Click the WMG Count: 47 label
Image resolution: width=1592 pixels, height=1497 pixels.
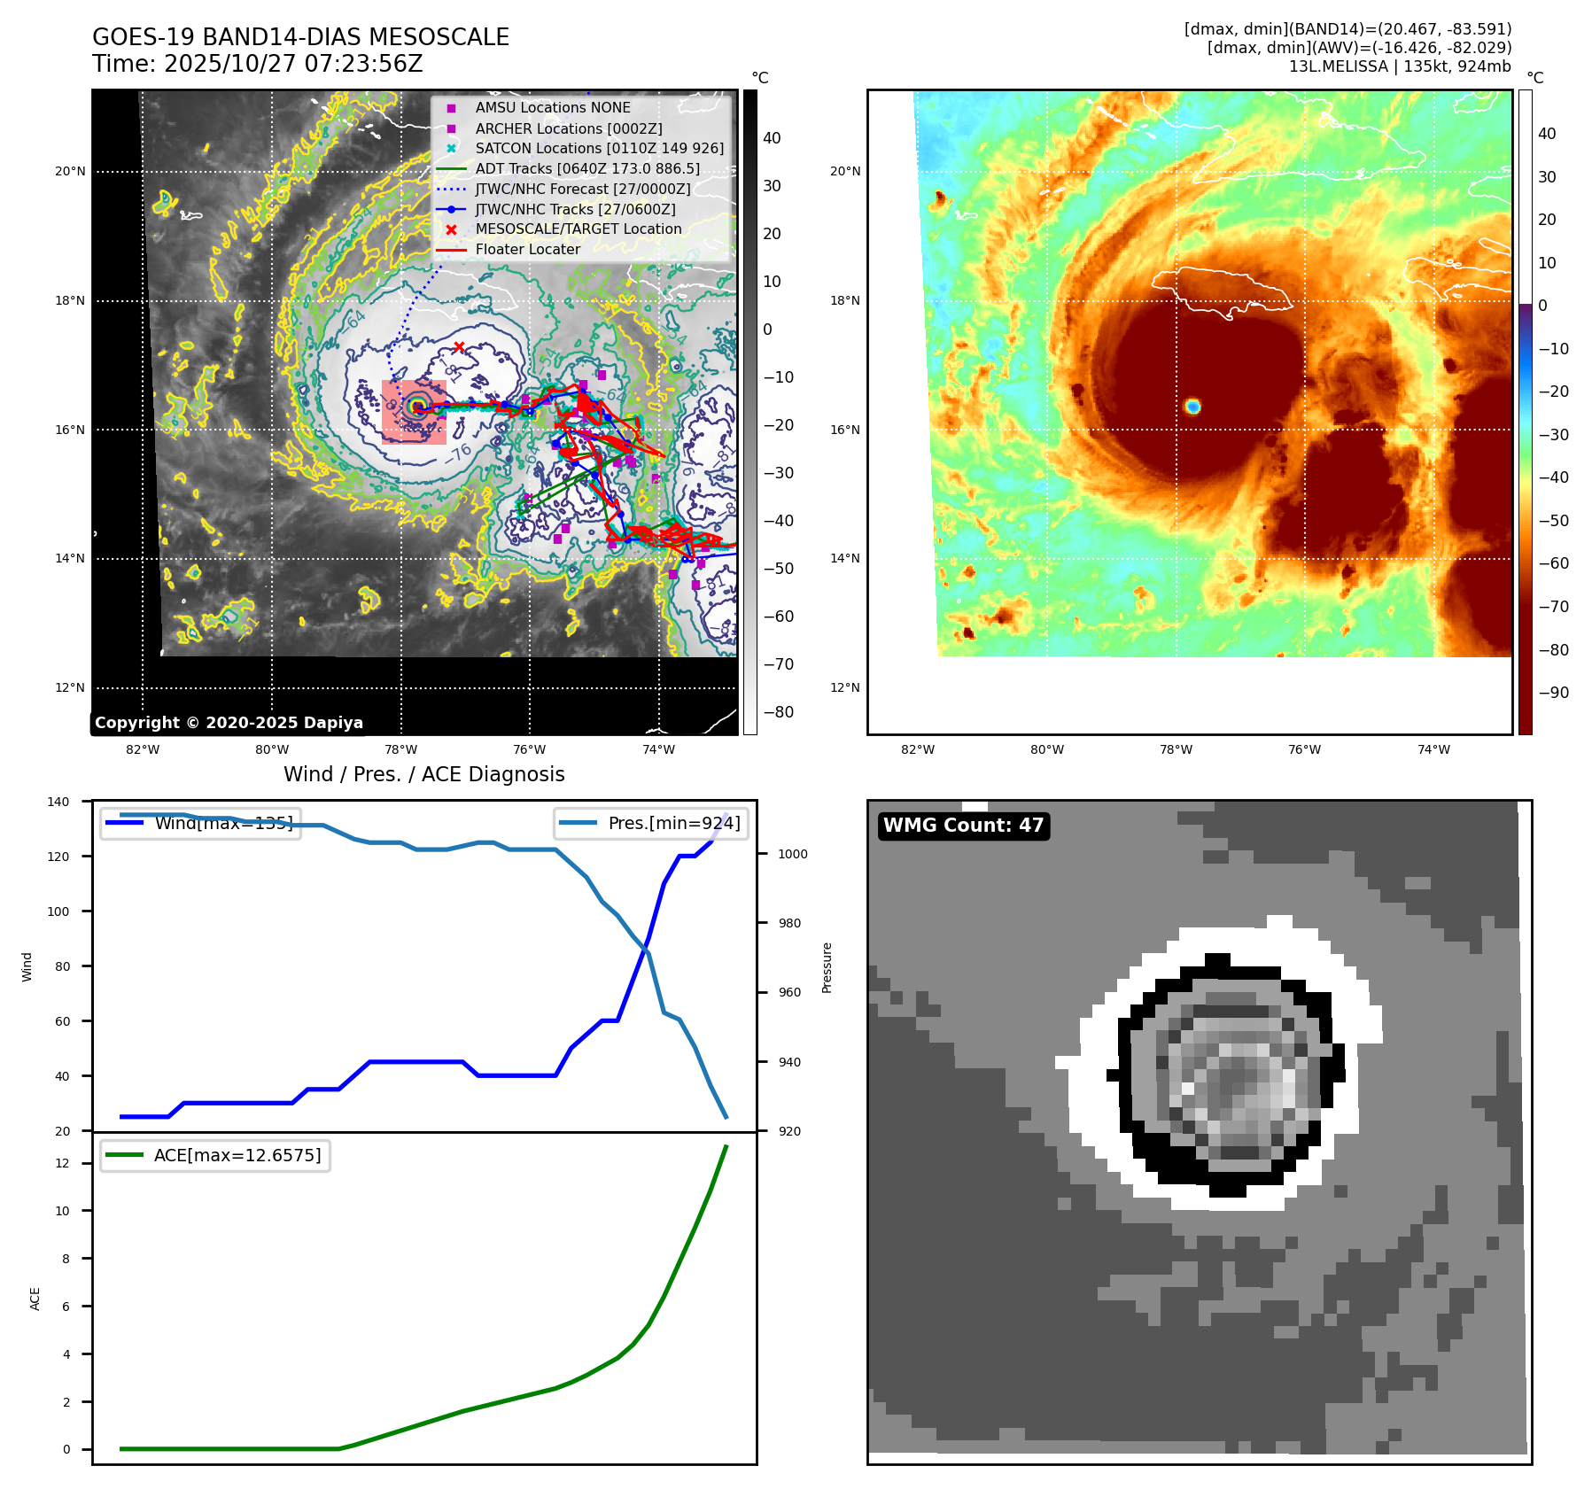pyautogui.click(x=963, y=826)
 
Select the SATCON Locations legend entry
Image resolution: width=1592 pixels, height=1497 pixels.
pyautogui.click(x=599, y=148)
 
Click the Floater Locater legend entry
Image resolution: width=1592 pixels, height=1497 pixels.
pyautogui.click(x=527, y=250)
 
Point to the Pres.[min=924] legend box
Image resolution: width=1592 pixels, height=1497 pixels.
pyautogui.click(x=651, y=823)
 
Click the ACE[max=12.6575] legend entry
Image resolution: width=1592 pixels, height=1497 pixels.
pyautogui.click(x=215, y=1155)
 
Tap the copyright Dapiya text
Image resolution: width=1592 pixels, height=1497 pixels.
pyautogui.click(x=229, y=723)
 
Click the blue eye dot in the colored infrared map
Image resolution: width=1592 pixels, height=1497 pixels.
pyautogui.click(x=1192, y=407)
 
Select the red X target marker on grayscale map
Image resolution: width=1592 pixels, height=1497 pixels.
pyautogui.click(x=459, y=347)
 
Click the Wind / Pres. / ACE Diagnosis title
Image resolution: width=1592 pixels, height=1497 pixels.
pyautogui.click(x=423, y=774)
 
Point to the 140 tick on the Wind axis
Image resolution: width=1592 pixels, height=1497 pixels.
pyautogui.click(x=58, y=802)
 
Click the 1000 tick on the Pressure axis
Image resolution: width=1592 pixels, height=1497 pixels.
pyautogui.click(x=793, y=854)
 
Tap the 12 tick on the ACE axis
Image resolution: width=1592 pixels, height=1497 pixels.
pyautogui.click(x=62, y=1163)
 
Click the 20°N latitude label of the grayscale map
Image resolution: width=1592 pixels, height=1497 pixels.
pyautogui.click(x=70, y=172)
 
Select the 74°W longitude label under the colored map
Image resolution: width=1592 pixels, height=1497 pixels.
pyautogui.click(x=1433, y=749)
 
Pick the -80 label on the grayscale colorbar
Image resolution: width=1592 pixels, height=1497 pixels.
pyautogui.click(x=779, y=712)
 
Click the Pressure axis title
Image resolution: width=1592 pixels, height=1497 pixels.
pyautogui.click(x=827, y=967)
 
